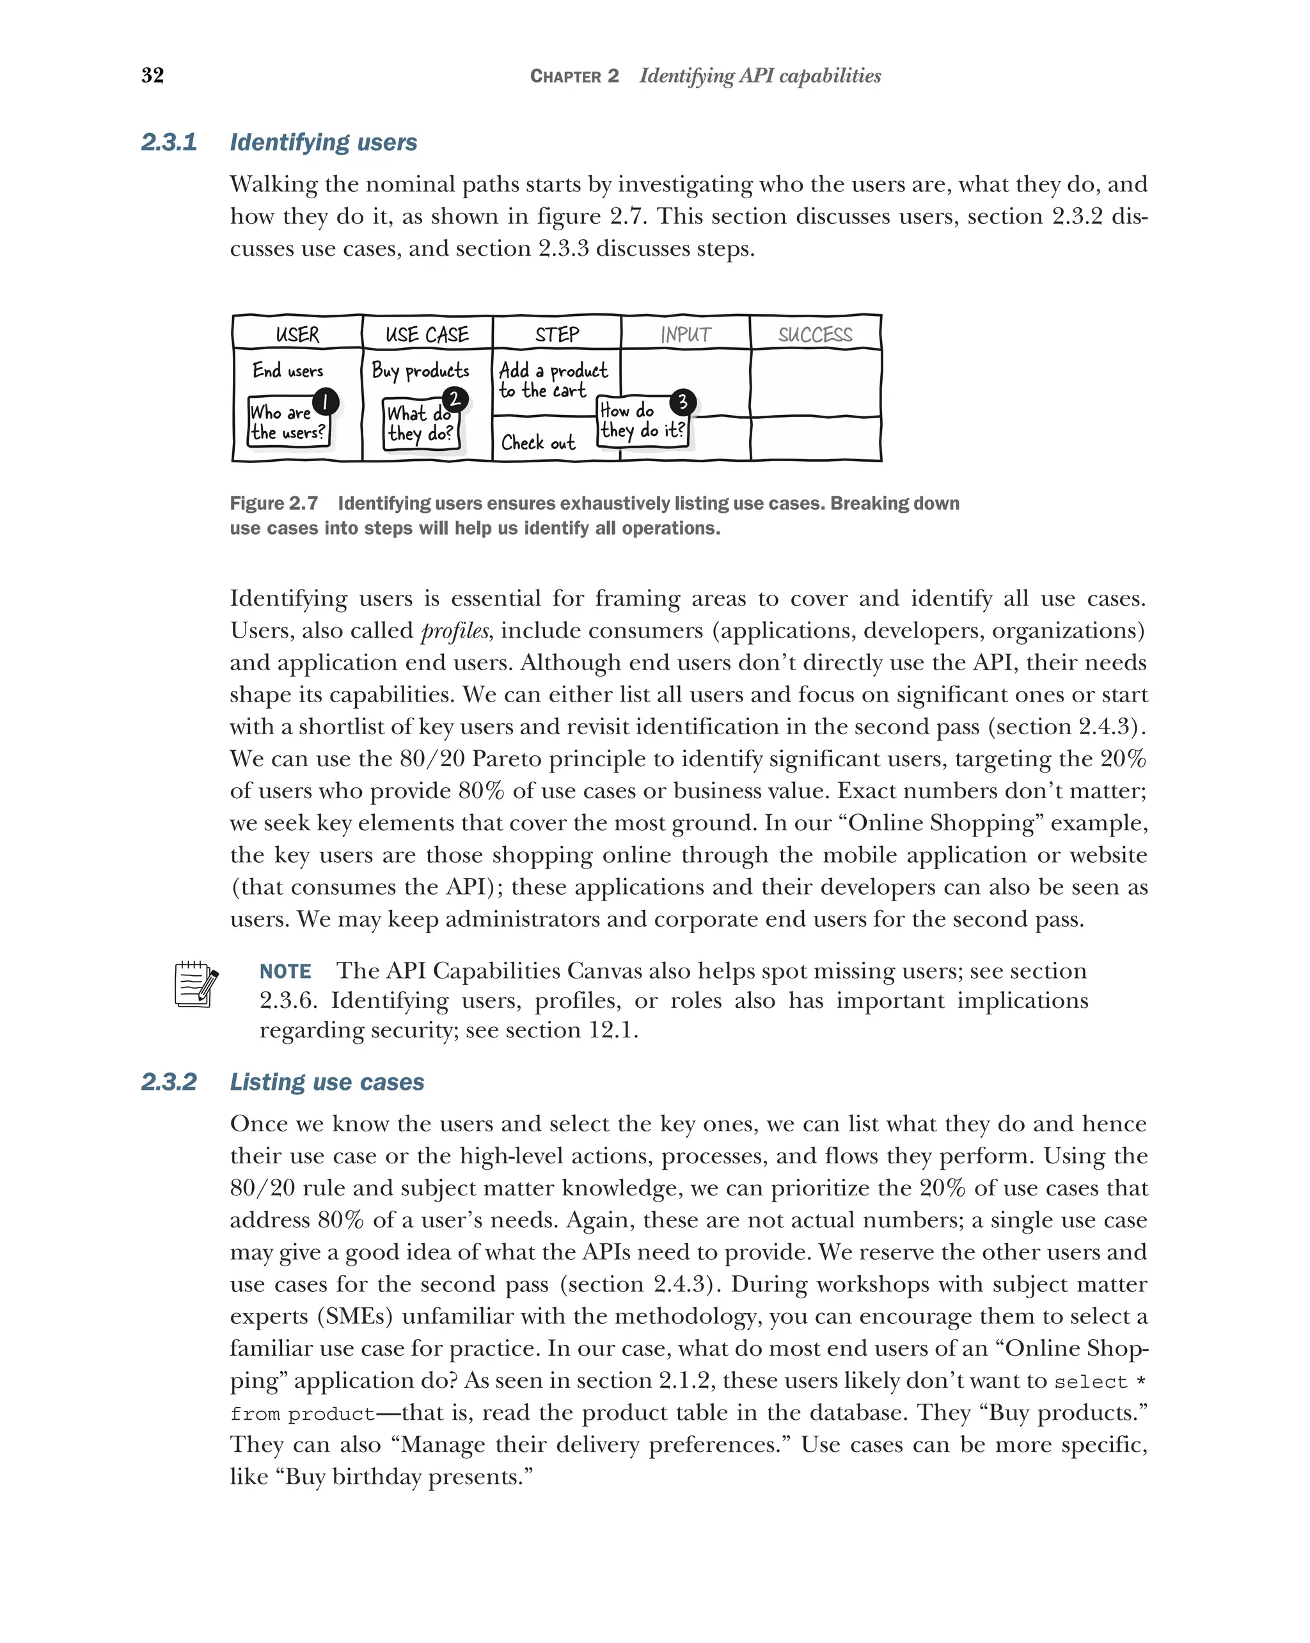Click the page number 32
point(152,75)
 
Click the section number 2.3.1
point(169,143)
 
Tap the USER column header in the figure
point(297,334)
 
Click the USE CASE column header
point(427,334)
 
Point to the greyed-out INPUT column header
point(685,334)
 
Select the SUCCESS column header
point(815,334)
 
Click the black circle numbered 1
point(326,402)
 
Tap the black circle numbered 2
point(454,399)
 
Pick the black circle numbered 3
point(682,402)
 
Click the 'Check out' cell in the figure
point(538,443)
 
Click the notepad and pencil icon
point(196,984)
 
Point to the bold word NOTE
point(285,971)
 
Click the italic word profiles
point(455,631)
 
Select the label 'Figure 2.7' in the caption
point(274,504)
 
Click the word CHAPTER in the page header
point(565,76)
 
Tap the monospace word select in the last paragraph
point(1091,1382)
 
